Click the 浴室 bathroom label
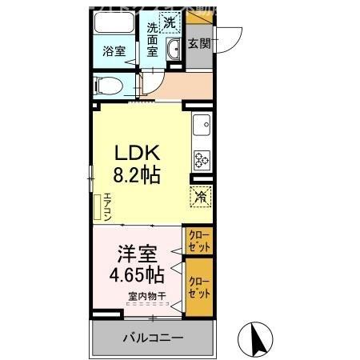(114, 51)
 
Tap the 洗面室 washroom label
(153, 39)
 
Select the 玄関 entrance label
(199, 45)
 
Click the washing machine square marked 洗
(170, 23)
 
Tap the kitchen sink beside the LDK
(201, 125)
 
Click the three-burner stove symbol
(200, 159)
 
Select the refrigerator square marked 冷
(200, 194)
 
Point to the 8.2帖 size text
(136, 174)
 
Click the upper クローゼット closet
(199, 239)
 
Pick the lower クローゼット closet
(199, 285)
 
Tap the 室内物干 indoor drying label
(146, 298)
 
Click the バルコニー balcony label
(153, 336)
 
